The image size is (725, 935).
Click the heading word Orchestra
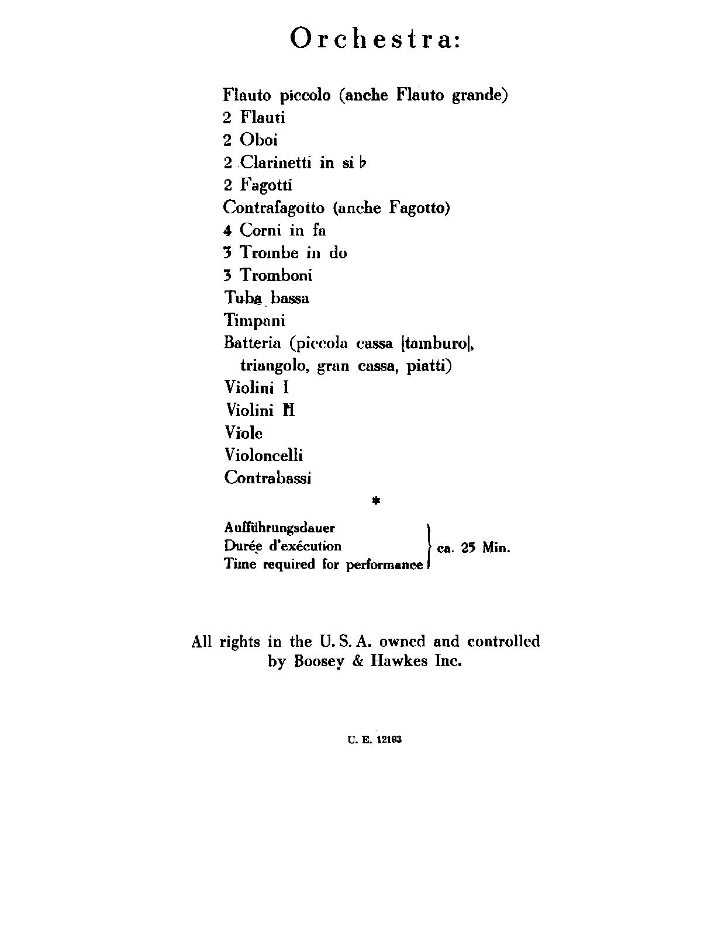pos(375,39)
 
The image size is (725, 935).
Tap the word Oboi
pos(258,140)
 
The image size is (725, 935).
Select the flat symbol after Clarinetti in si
pos(364,163)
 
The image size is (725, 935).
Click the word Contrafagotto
pos(274,207)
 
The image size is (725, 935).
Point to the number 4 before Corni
pos(227,230)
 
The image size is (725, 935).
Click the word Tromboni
pos(276,275)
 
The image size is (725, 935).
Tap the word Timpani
pos(254,320)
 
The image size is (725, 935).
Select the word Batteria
pos(253,343)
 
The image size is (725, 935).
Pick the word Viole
pos(243,433)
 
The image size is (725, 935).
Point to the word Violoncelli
pos(264,455)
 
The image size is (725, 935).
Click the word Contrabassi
pos(268,478)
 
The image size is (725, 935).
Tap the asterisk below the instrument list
pos(376,501)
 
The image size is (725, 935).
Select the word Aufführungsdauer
pos(279,528)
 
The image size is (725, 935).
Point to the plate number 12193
pos(389,739)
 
